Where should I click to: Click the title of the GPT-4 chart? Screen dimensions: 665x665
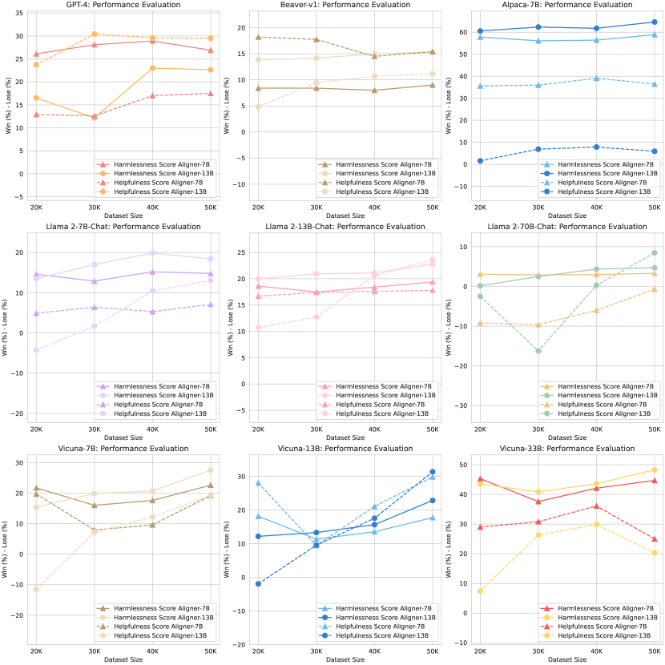coord(119,5)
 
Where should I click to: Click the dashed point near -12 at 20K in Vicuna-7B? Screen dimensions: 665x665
coord(35,590)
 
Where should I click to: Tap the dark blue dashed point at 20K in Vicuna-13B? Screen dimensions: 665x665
coord(258,584)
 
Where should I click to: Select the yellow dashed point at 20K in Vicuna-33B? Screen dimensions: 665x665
coord(480,591)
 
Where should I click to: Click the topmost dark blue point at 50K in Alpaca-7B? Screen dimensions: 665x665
coord(654,22)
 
